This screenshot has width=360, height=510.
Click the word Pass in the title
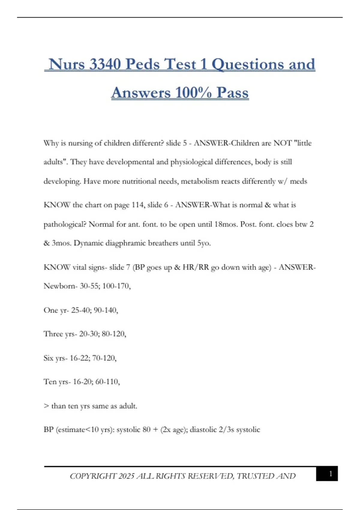(232, 92)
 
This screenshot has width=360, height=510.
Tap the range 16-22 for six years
(79, 358)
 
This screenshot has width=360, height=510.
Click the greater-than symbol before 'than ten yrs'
(46, 406)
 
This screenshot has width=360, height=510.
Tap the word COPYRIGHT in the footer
(93, 476)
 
